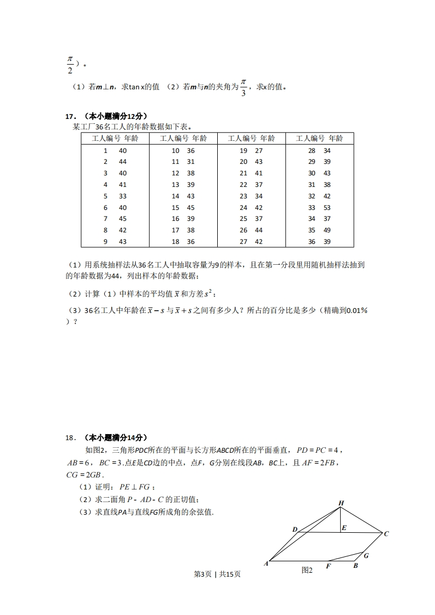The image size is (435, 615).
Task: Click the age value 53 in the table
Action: pyautogui.click(x=327, y=208)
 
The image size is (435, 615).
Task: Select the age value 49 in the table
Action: pyautogui.click(x=327, y=230)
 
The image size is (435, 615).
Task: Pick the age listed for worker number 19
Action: pyautogui.click(x=259, y=151)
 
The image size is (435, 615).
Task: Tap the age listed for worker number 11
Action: pyautogui.click(x=191, y=162)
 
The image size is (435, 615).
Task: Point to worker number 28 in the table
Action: pyautogui.click(x=312, y=151)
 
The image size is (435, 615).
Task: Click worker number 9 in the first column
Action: pyautogui.click(x=105, y=242)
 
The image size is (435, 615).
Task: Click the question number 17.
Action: pyautogui.click(x=70, y=116)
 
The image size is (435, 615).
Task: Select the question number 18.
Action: pyautogui.click(x=70, y=437)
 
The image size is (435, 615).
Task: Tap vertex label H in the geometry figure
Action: pyautogui.click(x=341, y=503)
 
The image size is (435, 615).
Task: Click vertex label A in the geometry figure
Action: pyautogui.click(x=266, y=563)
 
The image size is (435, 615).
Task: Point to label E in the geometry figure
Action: pyautogui.click(x=344, y=528)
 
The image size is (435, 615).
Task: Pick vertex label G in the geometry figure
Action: pyautogui.click(x=366, y=555)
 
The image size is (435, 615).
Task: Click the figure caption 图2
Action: pyautogui.click(x=307, y=570)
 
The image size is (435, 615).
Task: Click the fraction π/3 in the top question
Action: pyautogui.click(x=244, y=87)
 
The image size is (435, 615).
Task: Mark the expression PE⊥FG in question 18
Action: pyautogui.click(x=134, y=487)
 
